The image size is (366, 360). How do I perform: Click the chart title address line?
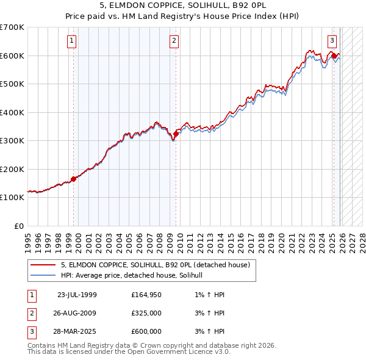(x=183, y=5)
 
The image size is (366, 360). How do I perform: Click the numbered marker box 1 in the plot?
(x=71, y=41)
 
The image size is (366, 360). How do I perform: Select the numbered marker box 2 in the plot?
(x=174, y=41)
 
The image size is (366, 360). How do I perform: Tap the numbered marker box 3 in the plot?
(x=332, y=41)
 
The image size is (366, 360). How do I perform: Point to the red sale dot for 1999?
(x=74, y=179)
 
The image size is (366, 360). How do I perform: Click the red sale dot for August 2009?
(x=176, y=134)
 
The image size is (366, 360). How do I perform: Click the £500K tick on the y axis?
(x=12, y=84)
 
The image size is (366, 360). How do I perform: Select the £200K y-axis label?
(x=12, y=169)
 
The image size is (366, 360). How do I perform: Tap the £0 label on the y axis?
(x=20, y=226)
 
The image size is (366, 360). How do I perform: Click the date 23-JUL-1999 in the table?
(x=77, y=295)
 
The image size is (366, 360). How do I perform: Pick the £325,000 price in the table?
(x=146, y=313)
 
